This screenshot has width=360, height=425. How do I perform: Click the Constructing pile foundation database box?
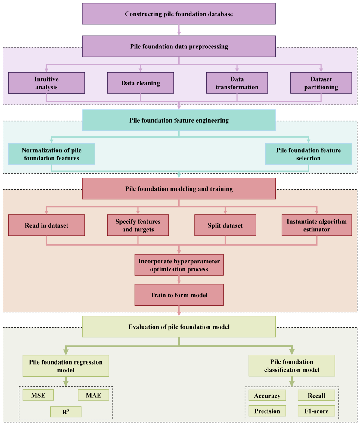click(x=179, y=14)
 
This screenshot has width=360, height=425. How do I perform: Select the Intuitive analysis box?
click(x=46, y=83)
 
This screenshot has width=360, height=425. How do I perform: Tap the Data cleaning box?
click(x=141, y=83)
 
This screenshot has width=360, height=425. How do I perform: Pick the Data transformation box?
click(x=237, y=83)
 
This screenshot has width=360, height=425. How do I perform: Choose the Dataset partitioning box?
click(x=321, y=83)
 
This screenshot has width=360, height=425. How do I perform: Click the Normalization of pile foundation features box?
click(x=51, y=154)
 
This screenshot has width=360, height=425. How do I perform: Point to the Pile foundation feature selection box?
click(x=309, y=154)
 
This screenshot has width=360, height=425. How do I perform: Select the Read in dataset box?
click(x=46, y=225)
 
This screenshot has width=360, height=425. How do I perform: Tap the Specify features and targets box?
click(x=138, y=225)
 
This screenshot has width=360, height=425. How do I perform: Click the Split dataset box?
click(x=225, y=225)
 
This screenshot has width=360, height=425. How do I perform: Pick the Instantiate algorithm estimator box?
click(x=317, y=225)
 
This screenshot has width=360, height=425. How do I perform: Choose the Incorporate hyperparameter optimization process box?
click(x=179, y=265)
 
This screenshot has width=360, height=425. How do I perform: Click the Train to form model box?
click(x=179, y=295)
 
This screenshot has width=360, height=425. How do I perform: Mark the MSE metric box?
click(x=38, y=395)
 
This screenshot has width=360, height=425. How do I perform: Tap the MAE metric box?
click(x=93, y=395)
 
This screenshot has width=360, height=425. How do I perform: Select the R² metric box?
click(x=66, y=412)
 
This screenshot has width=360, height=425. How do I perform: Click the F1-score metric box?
click(x=316, y=411)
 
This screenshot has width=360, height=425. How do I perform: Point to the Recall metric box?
click(x=316, y=396)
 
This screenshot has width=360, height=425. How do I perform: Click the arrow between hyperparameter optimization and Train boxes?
click(x=179, y=280)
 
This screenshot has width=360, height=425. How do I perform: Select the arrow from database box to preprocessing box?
click(x=179, y=30)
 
